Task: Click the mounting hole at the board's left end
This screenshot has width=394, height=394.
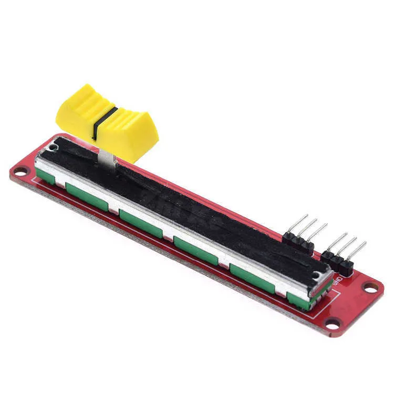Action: click(x=20, y=171)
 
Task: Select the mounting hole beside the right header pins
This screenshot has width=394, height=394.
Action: click(x=371, y=287)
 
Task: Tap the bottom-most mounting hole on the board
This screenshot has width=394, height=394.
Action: click(x=333, y=324)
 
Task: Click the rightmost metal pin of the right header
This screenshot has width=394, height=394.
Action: click(x=357, y=249)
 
